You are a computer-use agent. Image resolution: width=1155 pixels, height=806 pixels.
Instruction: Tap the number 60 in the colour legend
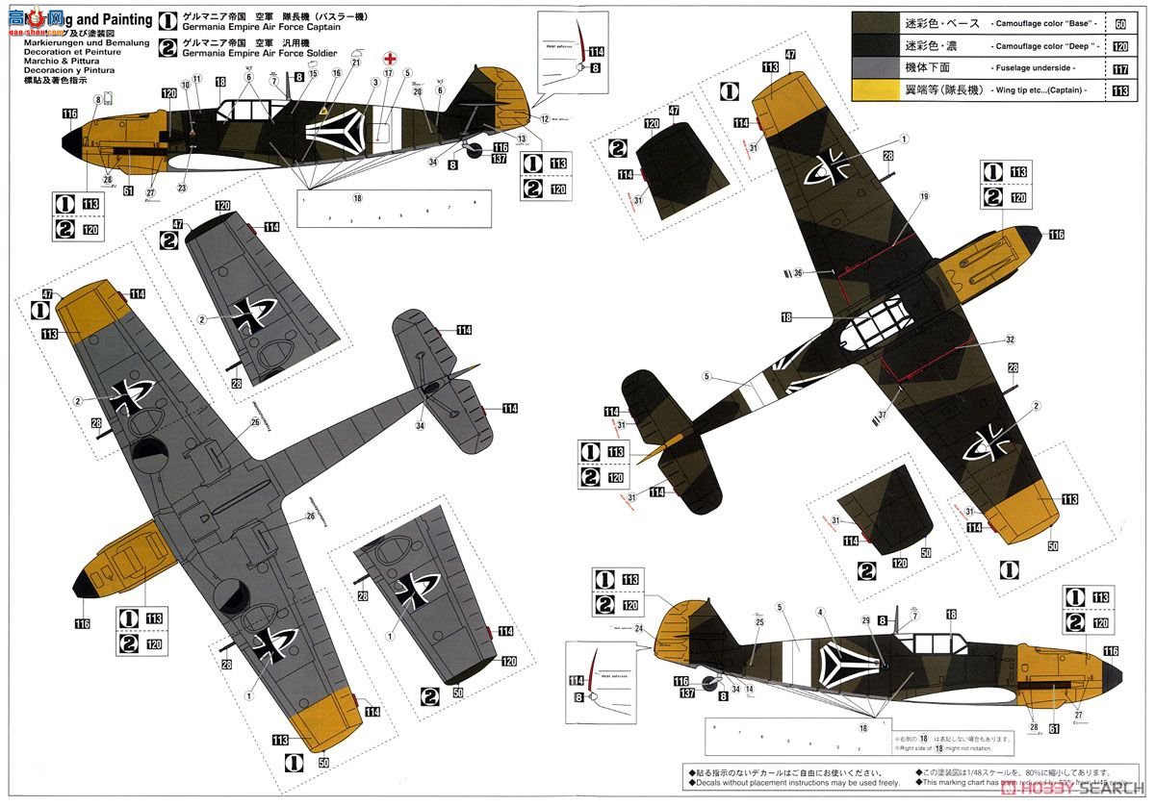tap(1120, 23)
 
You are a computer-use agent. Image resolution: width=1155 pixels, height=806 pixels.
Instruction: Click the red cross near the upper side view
tap(391, 57)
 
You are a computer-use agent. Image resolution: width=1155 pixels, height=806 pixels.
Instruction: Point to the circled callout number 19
tap(924, 196)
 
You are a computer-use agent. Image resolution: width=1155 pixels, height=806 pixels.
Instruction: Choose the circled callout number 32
tap(1010, 340)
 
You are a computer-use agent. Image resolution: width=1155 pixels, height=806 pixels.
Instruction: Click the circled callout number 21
tap(355, 63)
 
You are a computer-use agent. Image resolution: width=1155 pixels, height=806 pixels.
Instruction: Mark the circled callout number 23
tap(182, 188)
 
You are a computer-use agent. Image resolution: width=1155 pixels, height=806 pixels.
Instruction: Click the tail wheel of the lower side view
tap(722, 684)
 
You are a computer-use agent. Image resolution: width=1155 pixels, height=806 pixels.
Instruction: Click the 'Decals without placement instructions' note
tap(791, 782)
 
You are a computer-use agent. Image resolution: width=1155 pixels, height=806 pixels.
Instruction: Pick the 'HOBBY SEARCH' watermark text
tap(1086, 789)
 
